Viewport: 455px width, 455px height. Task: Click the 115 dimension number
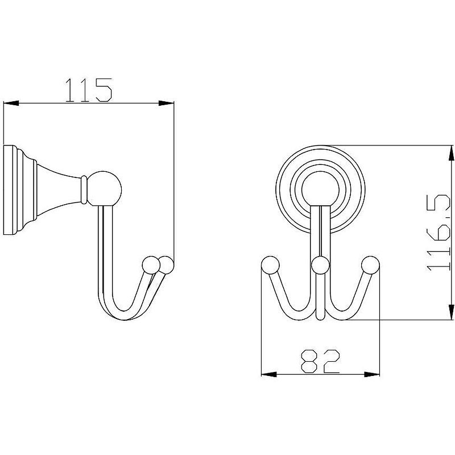[x=89, y=90]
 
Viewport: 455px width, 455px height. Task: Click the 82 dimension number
[x=320, y=361]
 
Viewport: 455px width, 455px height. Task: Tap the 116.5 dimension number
[x=439, y=233]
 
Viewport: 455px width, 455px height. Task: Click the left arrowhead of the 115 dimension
[x=11, y=103]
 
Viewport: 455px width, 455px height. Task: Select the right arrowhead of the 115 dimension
[x=166, y=103]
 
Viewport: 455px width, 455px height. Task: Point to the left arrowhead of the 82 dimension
[x=269, y=374]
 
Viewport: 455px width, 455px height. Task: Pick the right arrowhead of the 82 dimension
[x=372, y=374]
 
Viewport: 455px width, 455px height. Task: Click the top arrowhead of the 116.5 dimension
[x=451, y=153]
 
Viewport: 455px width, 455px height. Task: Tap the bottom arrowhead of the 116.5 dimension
[x=451, y=312]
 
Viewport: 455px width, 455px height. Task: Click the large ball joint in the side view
[x=105, y=189]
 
